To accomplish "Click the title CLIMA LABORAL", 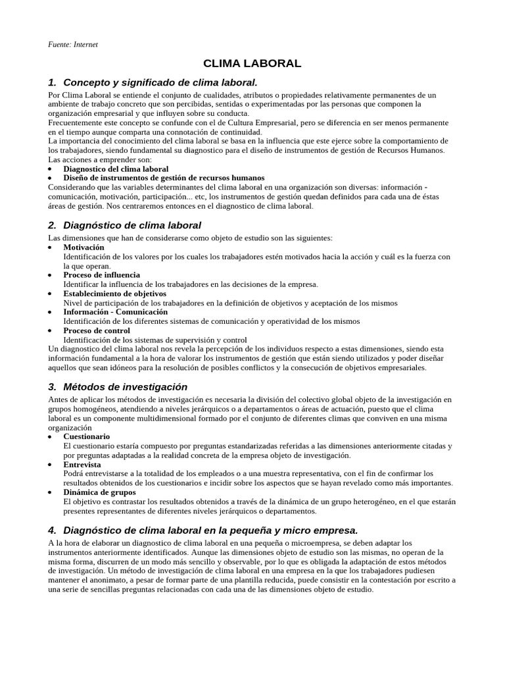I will (252, 64).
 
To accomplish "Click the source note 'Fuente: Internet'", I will (73, 44).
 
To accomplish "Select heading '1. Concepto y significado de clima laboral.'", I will (153, 82).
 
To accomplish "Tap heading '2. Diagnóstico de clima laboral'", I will (125, 225).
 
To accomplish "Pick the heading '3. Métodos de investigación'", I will (118, 387).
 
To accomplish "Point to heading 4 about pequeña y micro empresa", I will (203, 530).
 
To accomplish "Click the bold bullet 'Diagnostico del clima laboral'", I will (116, 169).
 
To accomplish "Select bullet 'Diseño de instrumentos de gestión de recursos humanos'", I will (164, 178).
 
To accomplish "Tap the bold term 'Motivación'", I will (84, 247).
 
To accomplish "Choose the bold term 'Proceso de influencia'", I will (101, 275).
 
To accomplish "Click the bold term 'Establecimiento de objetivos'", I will (114, 294).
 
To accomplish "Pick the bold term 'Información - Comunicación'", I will (116, 312).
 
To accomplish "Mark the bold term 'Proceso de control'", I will (97, 330).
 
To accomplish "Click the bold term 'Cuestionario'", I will (87, 436).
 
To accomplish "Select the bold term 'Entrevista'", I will (82, 464).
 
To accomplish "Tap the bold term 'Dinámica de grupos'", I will (99, 492).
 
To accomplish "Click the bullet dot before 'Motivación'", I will (51, 248).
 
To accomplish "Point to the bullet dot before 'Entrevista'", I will (51, 465).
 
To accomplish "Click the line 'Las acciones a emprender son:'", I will (100, 160).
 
